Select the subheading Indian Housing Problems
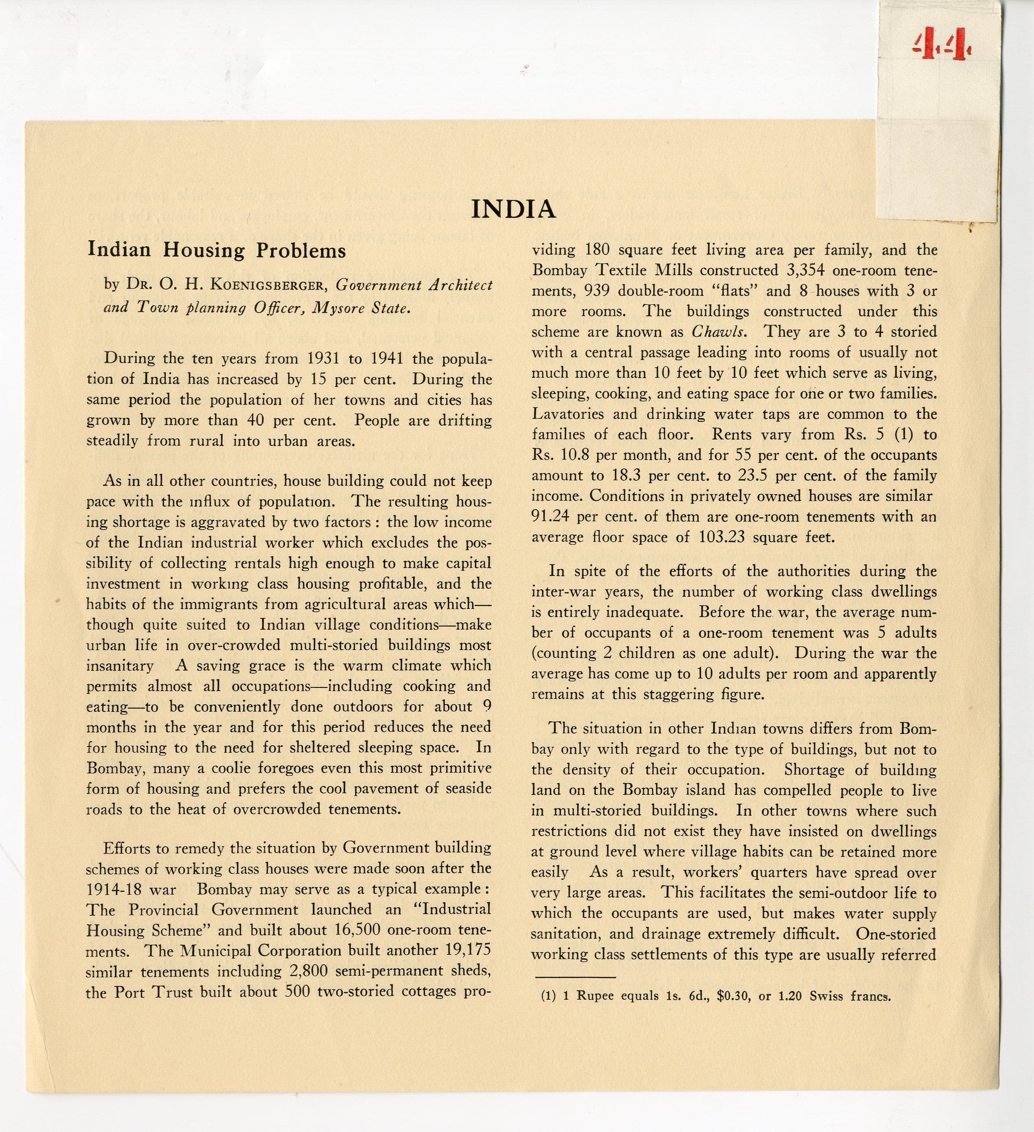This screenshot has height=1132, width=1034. click(216, 250)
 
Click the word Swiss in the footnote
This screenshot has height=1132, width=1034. click(826, 997)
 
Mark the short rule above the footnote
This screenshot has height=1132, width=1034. click(574, 978)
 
